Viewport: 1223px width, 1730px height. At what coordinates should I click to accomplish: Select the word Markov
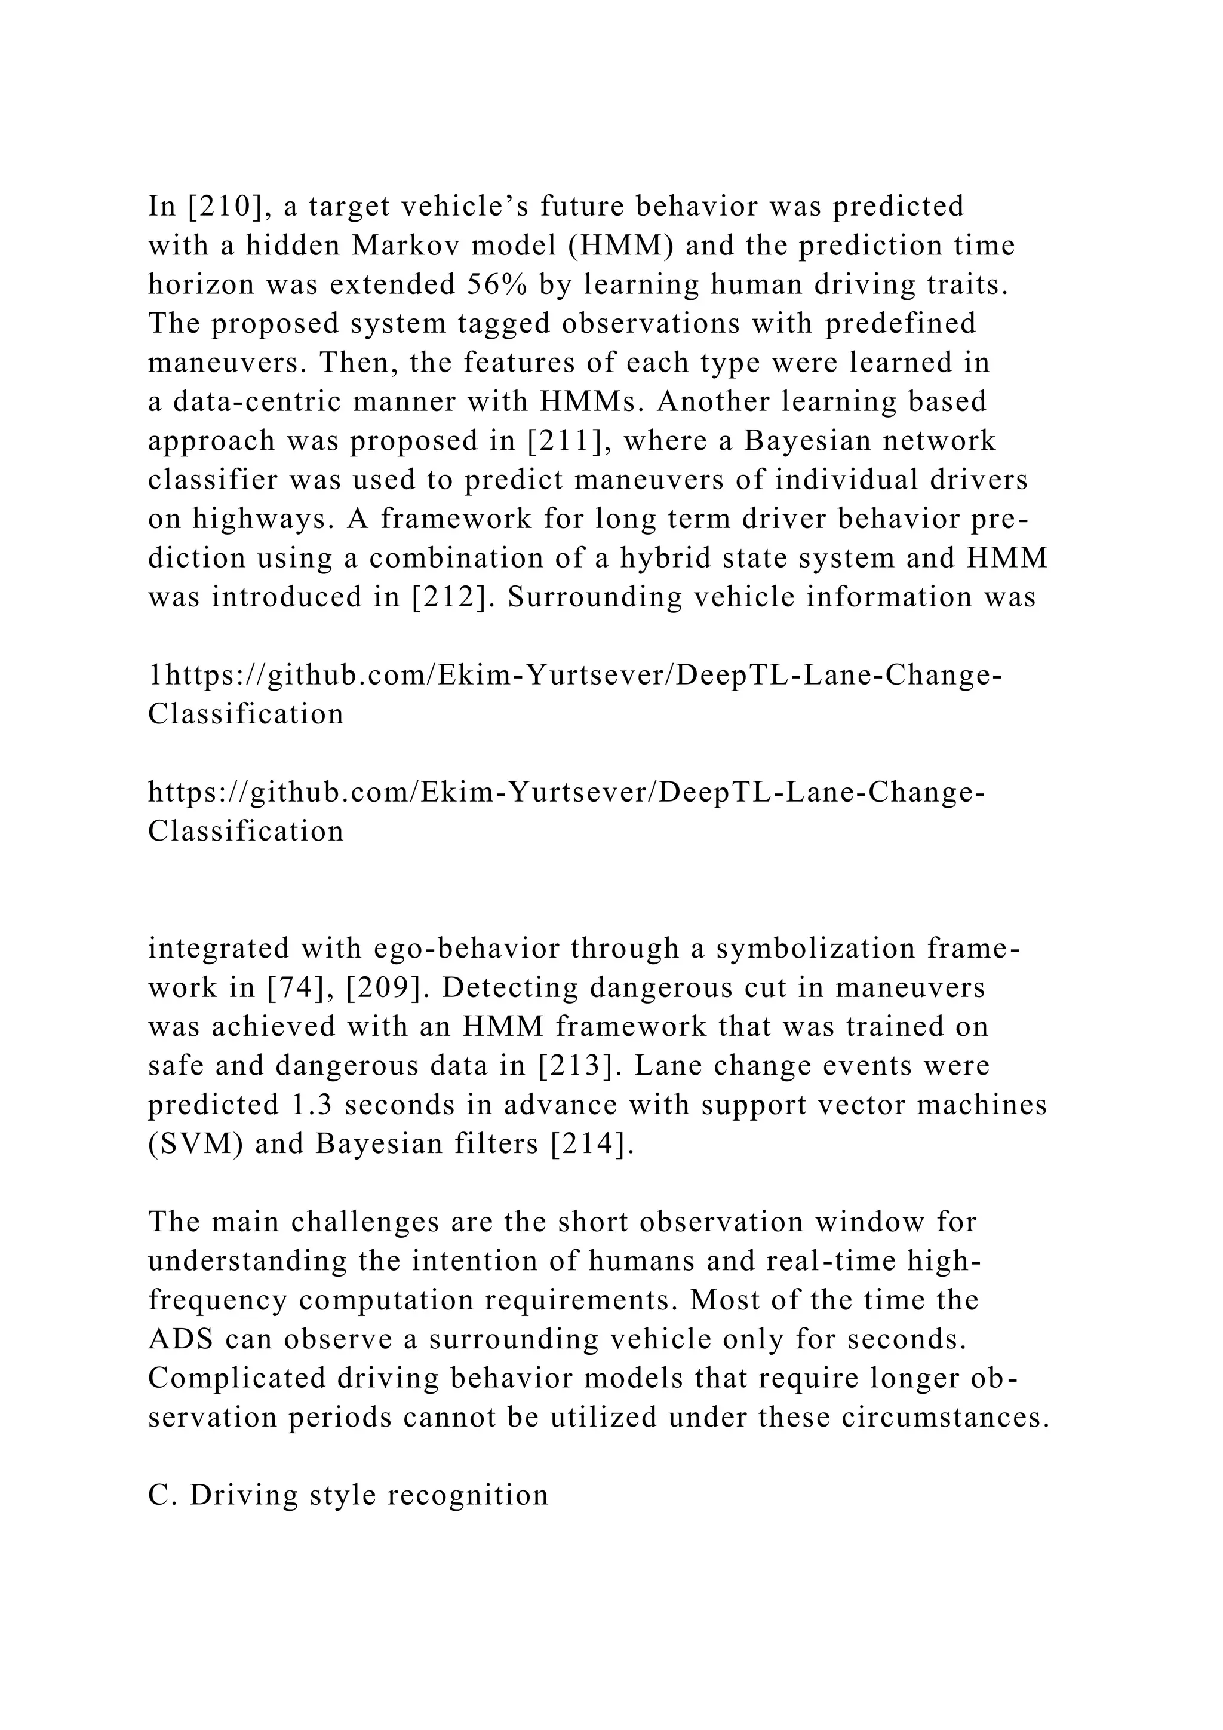pos(399,246)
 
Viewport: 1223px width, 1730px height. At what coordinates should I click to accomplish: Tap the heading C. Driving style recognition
pos(349,1496)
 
